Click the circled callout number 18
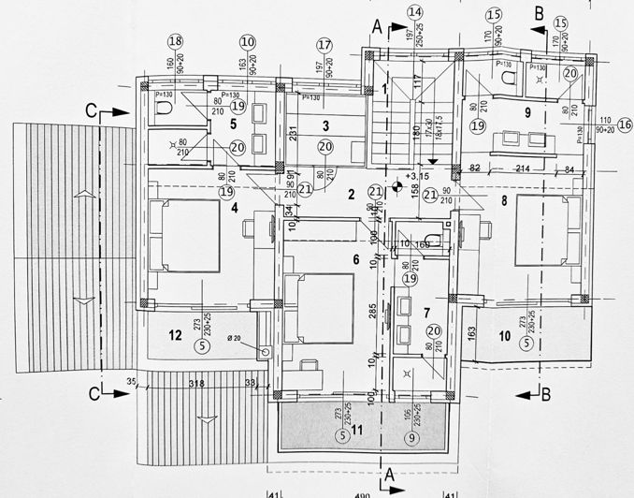175,40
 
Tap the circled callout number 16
625,125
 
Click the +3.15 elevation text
416,175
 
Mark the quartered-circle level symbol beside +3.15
396,186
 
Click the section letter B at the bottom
545,395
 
